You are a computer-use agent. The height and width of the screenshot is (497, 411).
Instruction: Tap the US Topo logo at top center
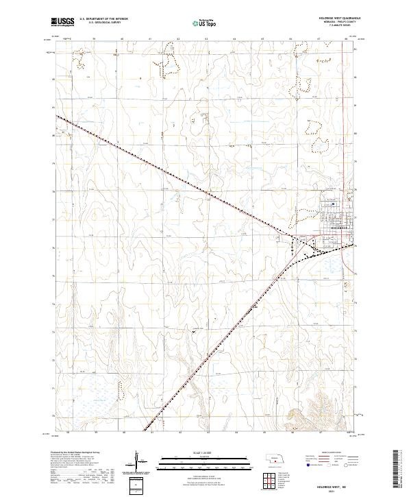(200, 23)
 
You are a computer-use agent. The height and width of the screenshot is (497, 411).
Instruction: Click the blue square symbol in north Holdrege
(333, 204)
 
